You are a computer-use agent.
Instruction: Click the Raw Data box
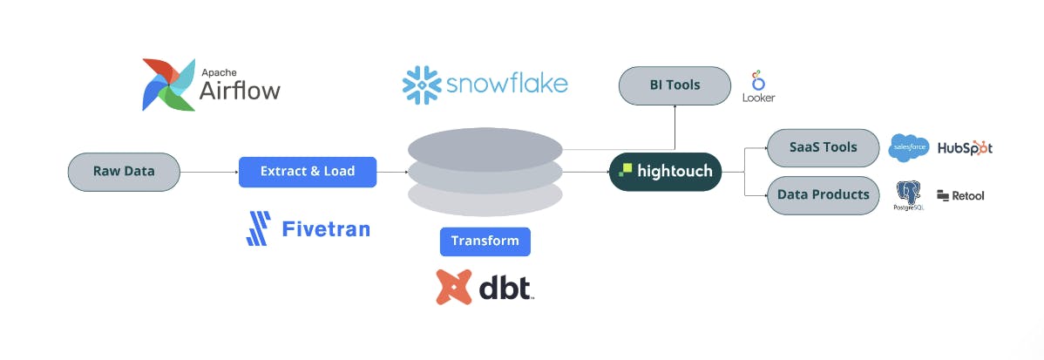click(124, 172)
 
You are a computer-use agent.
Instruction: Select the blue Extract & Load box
click(308, 172)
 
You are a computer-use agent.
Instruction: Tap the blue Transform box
click(485, 241)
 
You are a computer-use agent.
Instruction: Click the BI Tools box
click(675, 85)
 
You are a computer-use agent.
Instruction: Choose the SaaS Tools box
click(823, 147)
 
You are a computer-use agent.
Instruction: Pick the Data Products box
click(823, 195)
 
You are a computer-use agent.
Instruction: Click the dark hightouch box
click(666, 172)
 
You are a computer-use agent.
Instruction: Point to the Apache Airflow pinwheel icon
click(169, 85)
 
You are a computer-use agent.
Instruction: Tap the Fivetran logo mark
click(259, 228)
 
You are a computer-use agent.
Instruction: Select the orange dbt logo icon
click(454, 287)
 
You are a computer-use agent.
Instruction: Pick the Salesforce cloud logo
click(909, 148)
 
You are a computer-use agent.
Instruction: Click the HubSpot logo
click(965, 148)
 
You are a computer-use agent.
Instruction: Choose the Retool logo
click(960, 196)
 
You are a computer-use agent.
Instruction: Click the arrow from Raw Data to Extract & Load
click(209, 173)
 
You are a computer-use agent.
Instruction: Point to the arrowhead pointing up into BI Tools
click(675, 109)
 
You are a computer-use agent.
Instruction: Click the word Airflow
click(241, 90)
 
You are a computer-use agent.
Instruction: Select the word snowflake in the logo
click(506, 85)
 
